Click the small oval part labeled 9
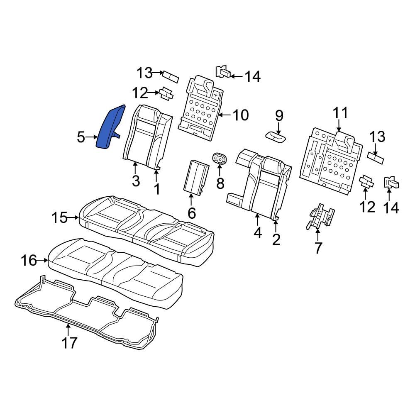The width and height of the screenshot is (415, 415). (276, 135)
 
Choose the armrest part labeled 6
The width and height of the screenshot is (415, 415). (196, 177)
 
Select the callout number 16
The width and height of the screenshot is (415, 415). (29, 261)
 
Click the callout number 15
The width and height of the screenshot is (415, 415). (59, 217)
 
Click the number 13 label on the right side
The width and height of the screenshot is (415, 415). (377, 137)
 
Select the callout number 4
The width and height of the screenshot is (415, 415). (258, 233)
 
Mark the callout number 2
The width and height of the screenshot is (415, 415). (276, 239)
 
